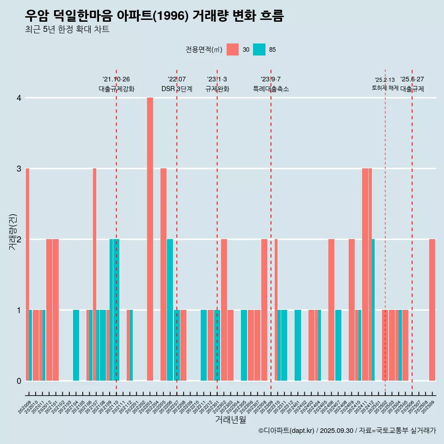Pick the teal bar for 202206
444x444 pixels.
click(170, 310)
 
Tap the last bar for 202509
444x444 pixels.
click(432, 310)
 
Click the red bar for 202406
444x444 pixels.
click(331, 310)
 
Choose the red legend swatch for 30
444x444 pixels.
click(233, 49)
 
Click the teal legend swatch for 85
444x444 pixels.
click(259, 49)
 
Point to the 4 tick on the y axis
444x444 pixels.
click(19, 98)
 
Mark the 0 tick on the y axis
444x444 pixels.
click(19, 381)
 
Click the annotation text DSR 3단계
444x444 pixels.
click(177, 89)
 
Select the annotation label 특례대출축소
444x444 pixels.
click(271, 89)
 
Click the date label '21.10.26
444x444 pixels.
click(116, 79)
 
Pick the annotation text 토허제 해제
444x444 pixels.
click(385, 88)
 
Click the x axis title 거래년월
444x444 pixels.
click(230, 420)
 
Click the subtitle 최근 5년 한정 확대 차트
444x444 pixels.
click(68, 30)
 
